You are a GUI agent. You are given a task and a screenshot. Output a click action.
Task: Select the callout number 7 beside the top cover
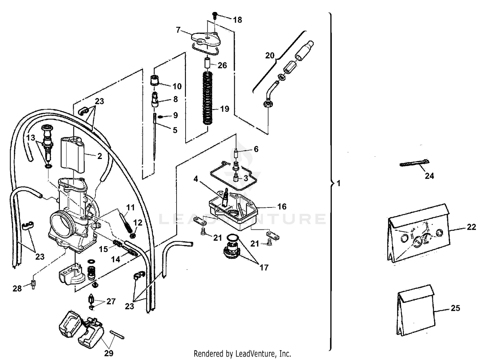tap(178, 30)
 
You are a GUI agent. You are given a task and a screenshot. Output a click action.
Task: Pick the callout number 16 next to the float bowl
tap(282, 206)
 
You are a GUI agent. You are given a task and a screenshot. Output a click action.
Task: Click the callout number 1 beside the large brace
tap(339, 184)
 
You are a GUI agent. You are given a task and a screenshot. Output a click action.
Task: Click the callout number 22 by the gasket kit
tap(471, 227)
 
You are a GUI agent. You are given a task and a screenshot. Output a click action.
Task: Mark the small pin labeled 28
tap(33, 285)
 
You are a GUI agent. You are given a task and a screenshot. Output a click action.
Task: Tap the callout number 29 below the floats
tap(109, 353)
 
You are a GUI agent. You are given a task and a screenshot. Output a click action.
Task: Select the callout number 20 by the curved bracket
tap(269, 56)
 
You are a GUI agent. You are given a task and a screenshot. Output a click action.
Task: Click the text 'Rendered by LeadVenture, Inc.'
tap(242, 354)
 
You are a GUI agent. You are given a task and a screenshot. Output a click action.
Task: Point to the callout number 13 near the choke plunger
tap(31, 138)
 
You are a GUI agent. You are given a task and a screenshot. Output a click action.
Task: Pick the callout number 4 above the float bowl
tap(196, 179)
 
